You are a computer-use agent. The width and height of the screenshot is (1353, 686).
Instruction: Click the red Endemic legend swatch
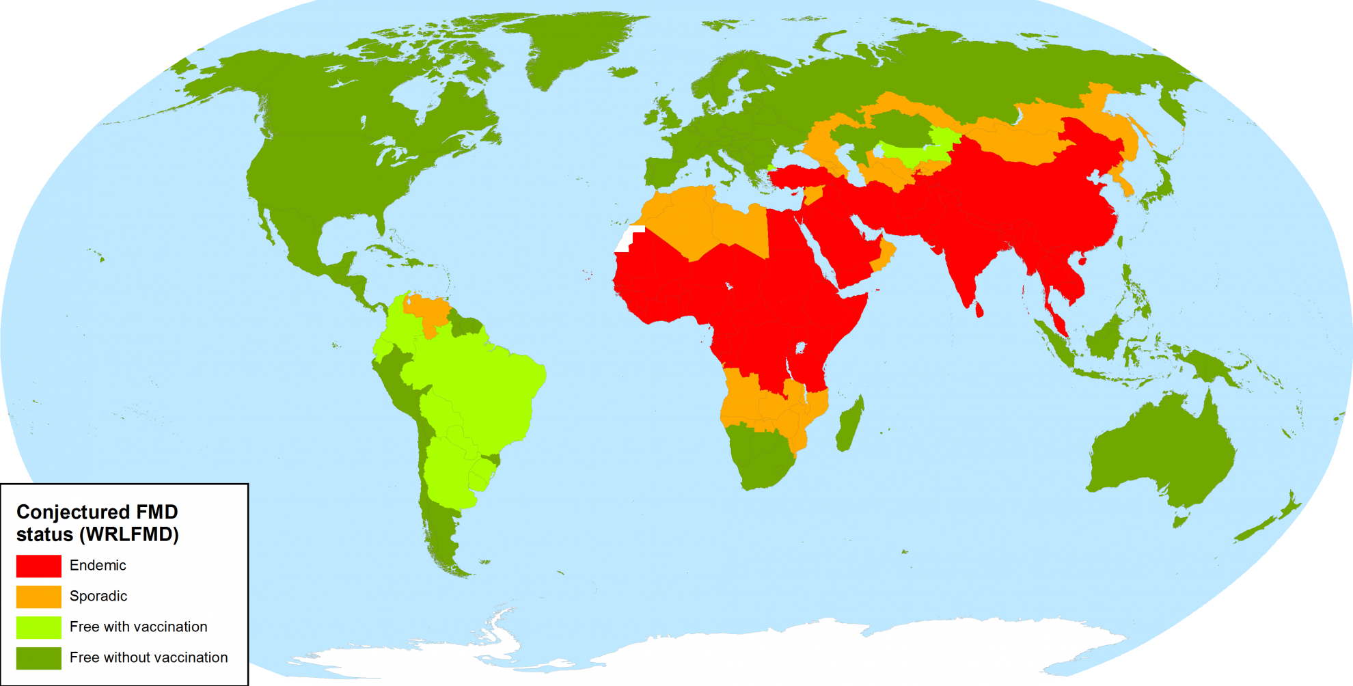[38, 566]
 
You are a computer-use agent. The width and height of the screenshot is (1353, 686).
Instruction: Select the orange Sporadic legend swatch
[38, 596]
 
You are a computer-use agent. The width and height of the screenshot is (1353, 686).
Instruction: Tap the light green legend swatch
[38, 627]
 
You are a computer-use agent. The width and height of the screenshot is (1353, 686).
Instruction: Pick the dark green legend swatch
[38, 658]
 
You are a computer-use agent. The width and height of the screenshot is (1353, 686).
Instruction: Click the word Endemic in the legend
[98, 566]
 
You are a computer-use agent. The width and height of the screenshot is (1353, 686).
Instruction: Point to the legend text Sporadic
[98, 596]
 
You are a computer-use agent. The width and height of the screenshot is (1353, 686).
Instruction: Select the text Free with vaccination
[138, 627]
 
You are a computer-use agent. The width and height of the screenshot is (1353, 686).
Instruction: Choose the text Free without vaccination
[148, 658]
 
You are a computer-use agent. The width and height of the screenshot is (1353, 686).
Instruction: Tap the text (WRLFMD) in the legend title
[129, 534]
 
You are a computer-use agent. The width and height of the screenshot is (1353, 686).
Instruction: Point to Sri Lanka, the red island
[979, 310]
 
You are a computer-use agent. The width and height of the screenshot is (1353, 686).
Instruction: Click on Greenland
[574, 48]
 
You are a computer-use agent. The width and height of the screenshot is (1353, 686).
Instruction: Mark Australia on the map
[1162, 451]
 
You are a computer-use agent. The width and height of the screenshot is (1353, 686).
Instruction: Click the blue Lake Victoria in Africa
[800, 348]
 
